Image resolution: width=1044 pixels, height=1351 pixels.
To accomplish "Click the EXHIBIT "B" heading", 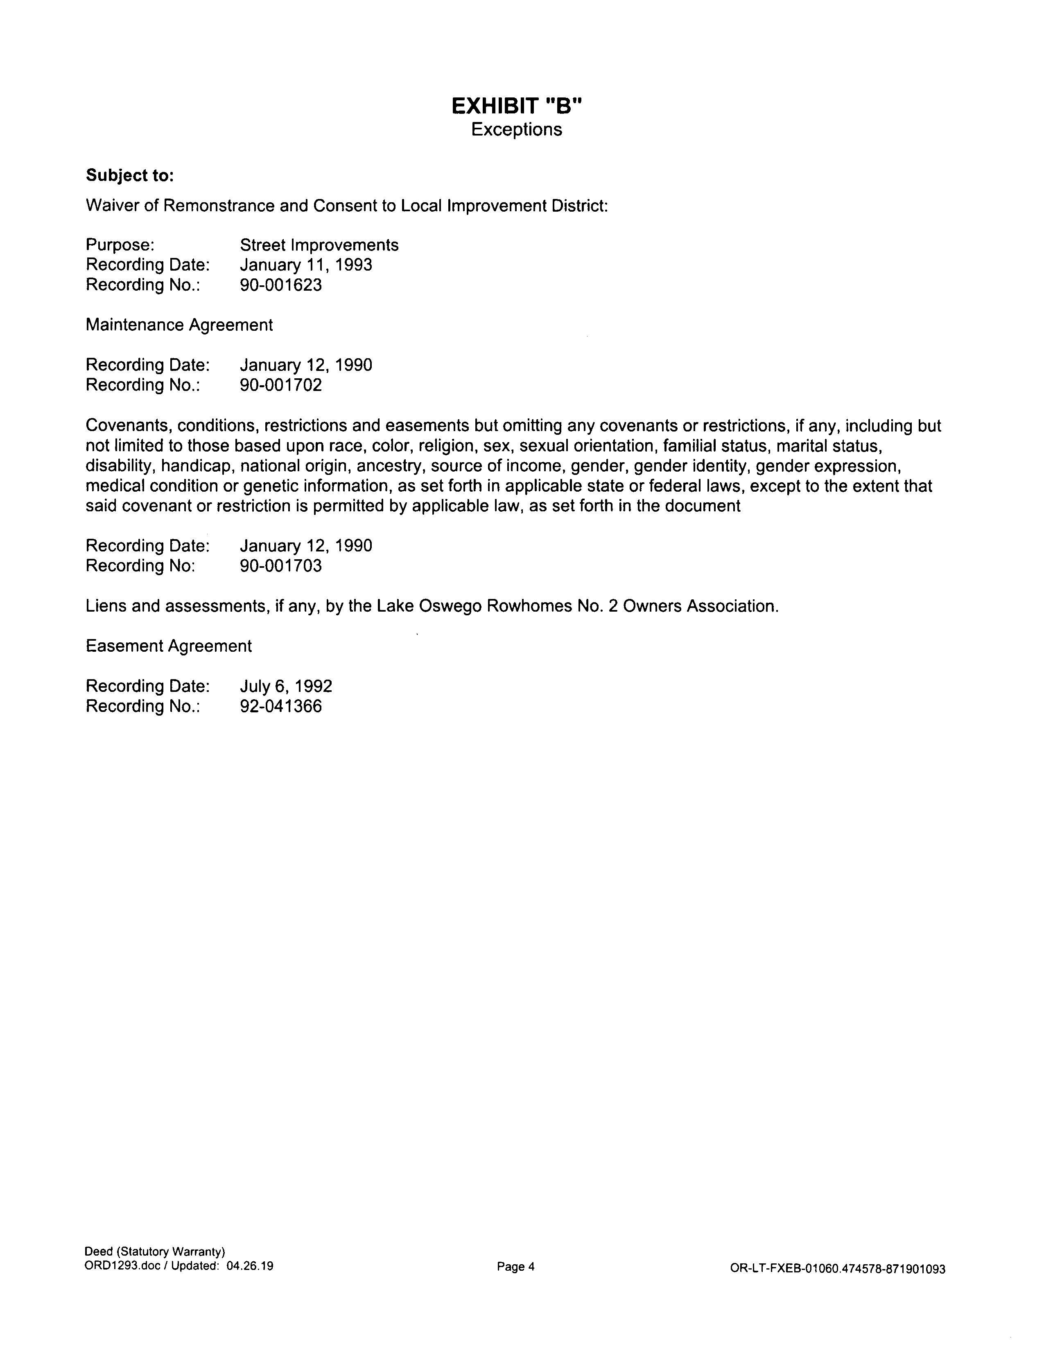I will coord(516,107).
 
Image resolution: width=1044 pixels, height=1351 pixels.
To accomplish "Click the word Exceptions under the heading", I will coord(516,130).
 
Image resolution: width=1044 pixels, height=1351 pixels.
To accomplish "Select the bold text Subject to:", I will coord(130,176).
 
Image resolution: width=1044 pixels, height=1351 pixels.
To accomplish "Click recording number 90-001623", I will coord(281,285).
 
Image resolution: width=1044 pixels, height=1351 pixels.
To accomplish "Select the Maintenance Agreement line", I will coord(179,325).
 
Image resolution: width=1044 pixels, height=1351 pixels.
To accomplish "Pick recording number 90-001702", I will coord(281,385).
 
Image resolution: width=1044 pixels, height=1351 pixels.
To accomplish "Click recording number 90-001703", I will coord(281,566).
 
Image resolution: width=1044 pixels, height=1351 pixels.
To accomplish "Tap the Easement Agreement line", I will coord(168,646).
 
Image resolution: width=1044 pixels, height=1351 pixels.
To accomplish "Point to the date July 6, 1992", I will coord(286,687).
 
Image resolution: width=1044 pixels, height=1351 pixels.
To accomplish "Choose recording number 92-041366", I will coord(281,707).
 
